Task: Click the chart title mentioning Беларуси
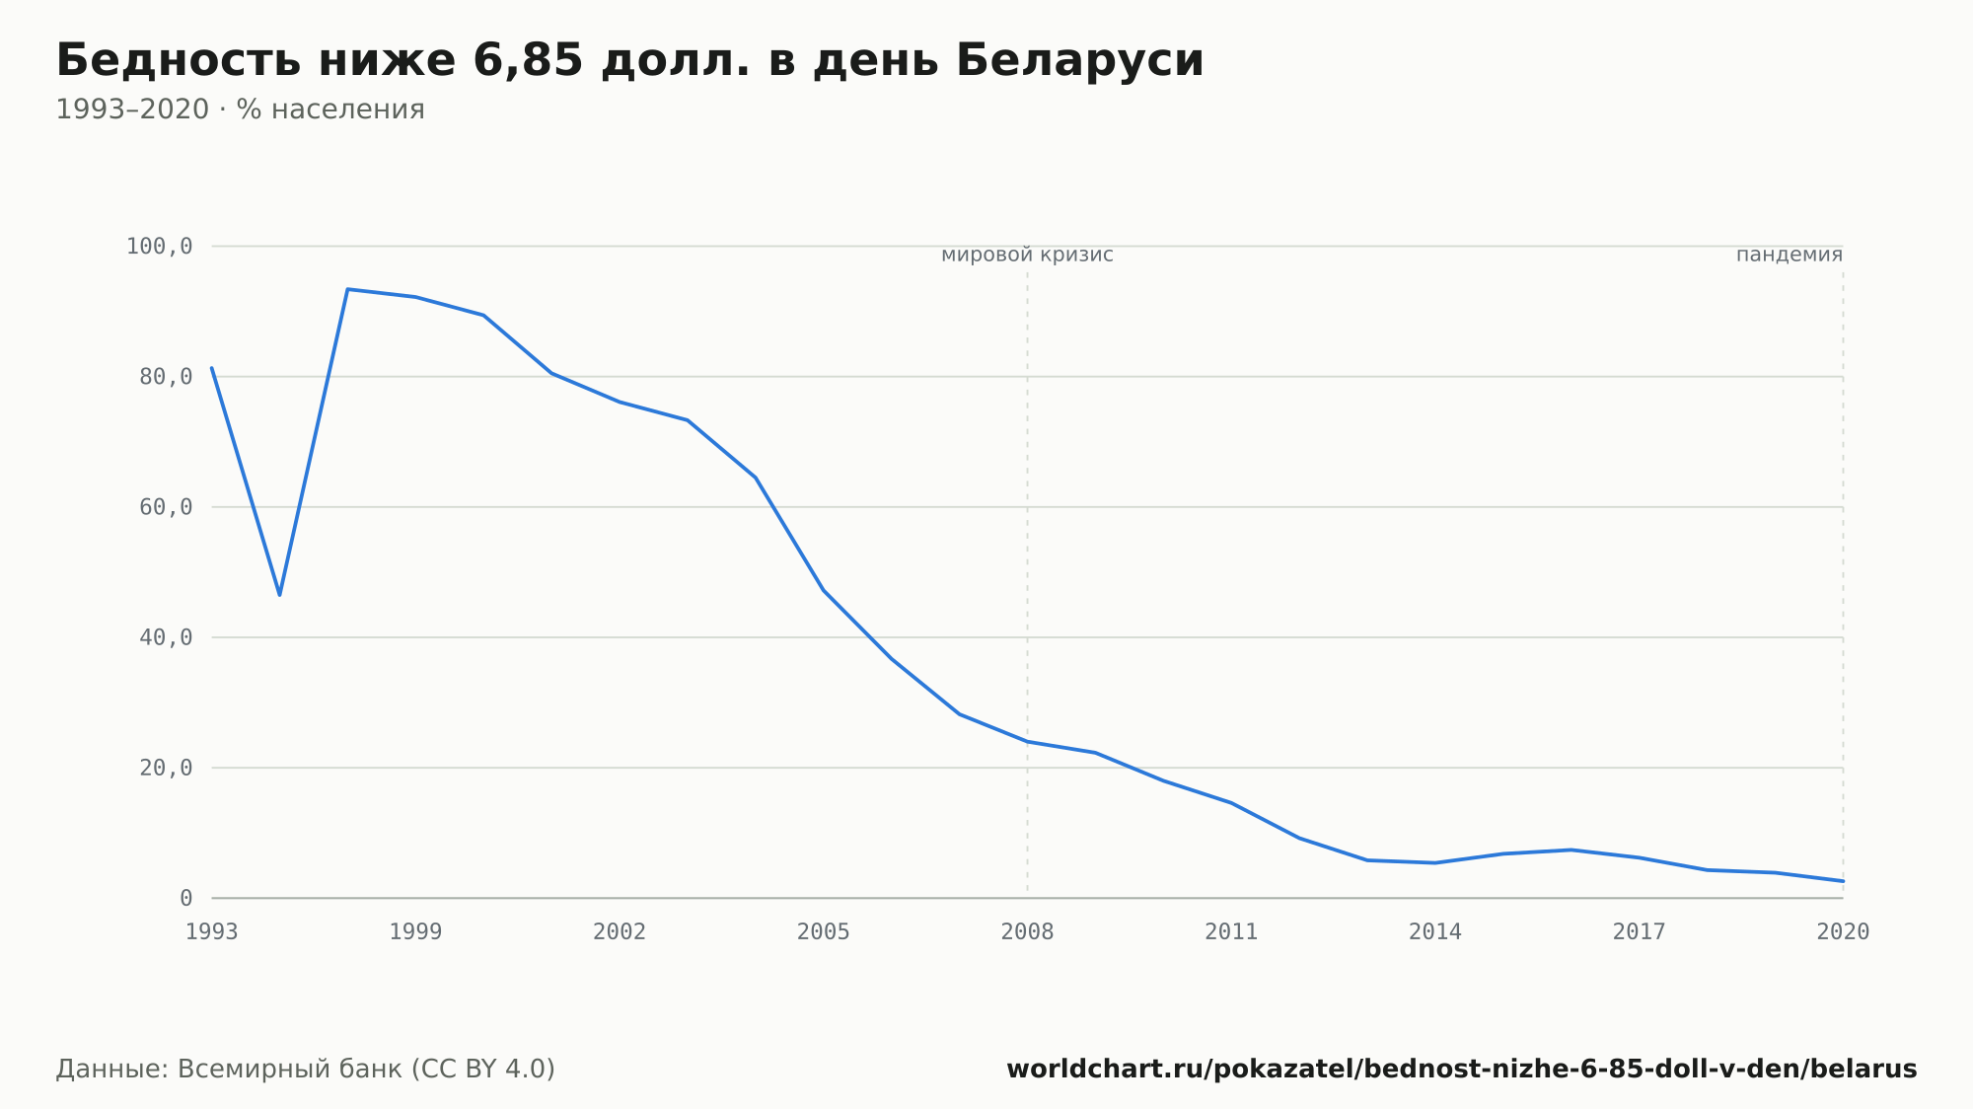(629, 61)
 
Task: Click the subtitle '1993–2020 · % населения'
(240, 110)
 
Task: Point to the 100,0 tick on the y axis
(159, 247)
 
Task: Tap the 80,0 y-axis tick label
(166, 377)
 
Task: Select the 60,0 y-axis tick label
(166, 507)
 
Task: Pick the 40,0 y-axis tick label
(166, 637)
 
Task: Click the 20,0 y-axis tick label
(166, 768)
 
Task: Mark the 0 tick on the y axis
(185, 899)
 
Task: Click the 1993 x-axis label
(212, 932)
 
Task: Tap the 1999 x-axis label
(415, 932)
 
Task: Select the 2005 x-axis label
(824, 932)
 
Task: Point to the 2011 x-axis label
(1231, 932)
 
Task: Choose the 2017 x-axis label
(1640, 932)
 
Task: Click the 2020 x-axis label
(1843, 932)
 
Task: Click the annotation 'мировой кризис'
(1027, 256)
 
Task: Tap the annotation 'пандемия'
(1790, 256)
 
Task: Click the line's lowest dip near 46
(280, 595)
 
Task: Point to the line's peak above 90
(347, 289)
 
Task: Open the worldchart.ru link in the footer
(1462, 1070)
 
